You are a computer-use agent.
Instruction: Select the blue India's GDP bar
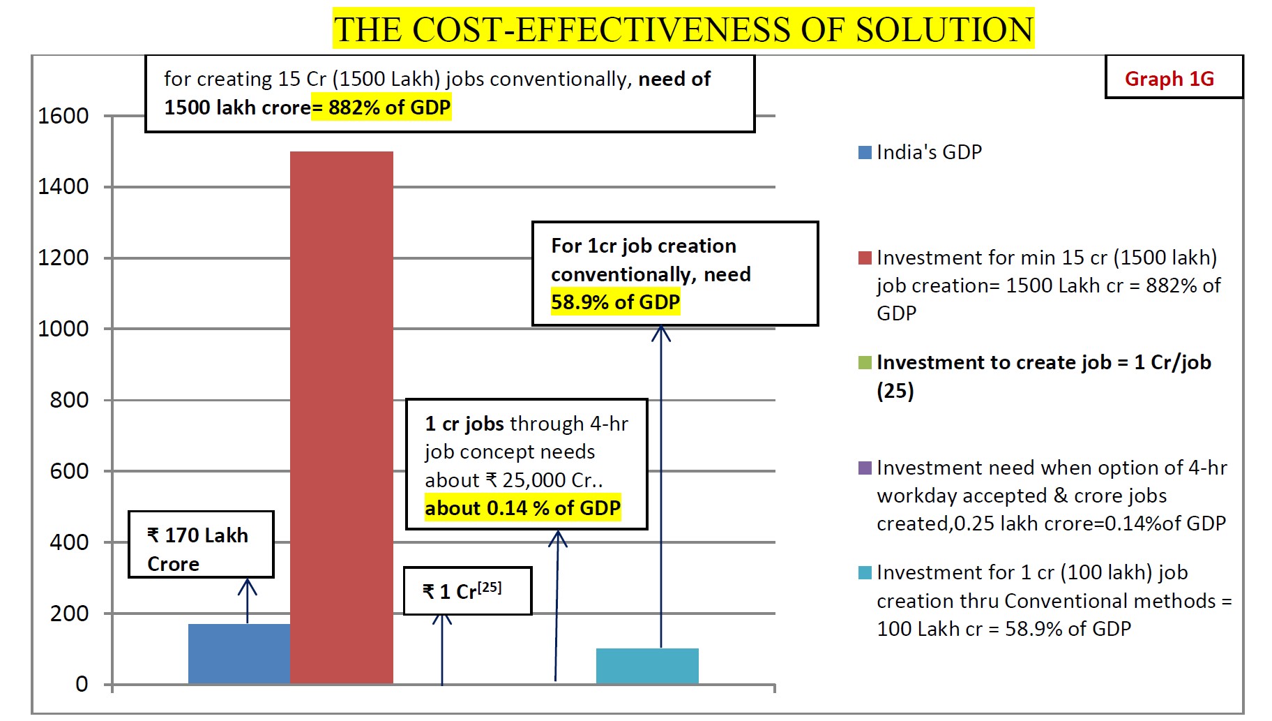[x=239, y=653]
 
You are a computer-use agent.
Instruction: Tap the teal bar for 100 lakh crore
[x=647, y=666]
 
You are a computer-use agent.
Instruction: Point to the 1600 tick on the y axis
[x=63, y=116]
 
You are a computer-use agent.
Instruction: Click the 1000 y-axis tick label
[x=63, y=329]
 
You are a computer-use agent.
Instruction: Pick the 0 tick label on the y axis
[x=82, y=684]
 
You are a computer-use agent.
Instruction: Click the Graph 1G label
[x=1169, y=79]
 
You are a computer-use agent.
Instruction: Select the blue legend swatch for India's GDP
[x=865, y=152]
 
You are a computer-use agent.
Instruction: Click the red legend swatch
[x=865, y=258]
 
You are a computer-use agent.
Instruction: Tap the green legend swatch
[x=865, y=362]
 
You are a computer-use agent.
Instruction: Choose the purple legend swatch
[x=865, y=468]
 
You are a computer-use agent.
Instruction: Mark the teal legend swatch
[x=865, y=572]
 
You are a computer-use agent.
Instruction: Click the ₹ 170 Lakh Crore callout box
[x=201, y=544]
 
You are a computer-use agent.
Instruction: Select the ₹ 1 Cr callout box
[x=467, y=590]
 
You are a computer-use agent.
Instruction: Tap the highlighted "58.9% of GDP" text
[x=615, y=302]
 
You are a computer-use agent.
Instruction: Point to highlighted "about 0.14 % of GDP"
[x=522, y=508]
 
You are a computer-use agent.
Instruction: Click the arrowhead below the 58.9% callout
[x=661, y=333]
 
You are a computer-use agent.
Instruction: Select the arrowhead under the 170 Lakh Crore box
[x=247, y=586]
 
